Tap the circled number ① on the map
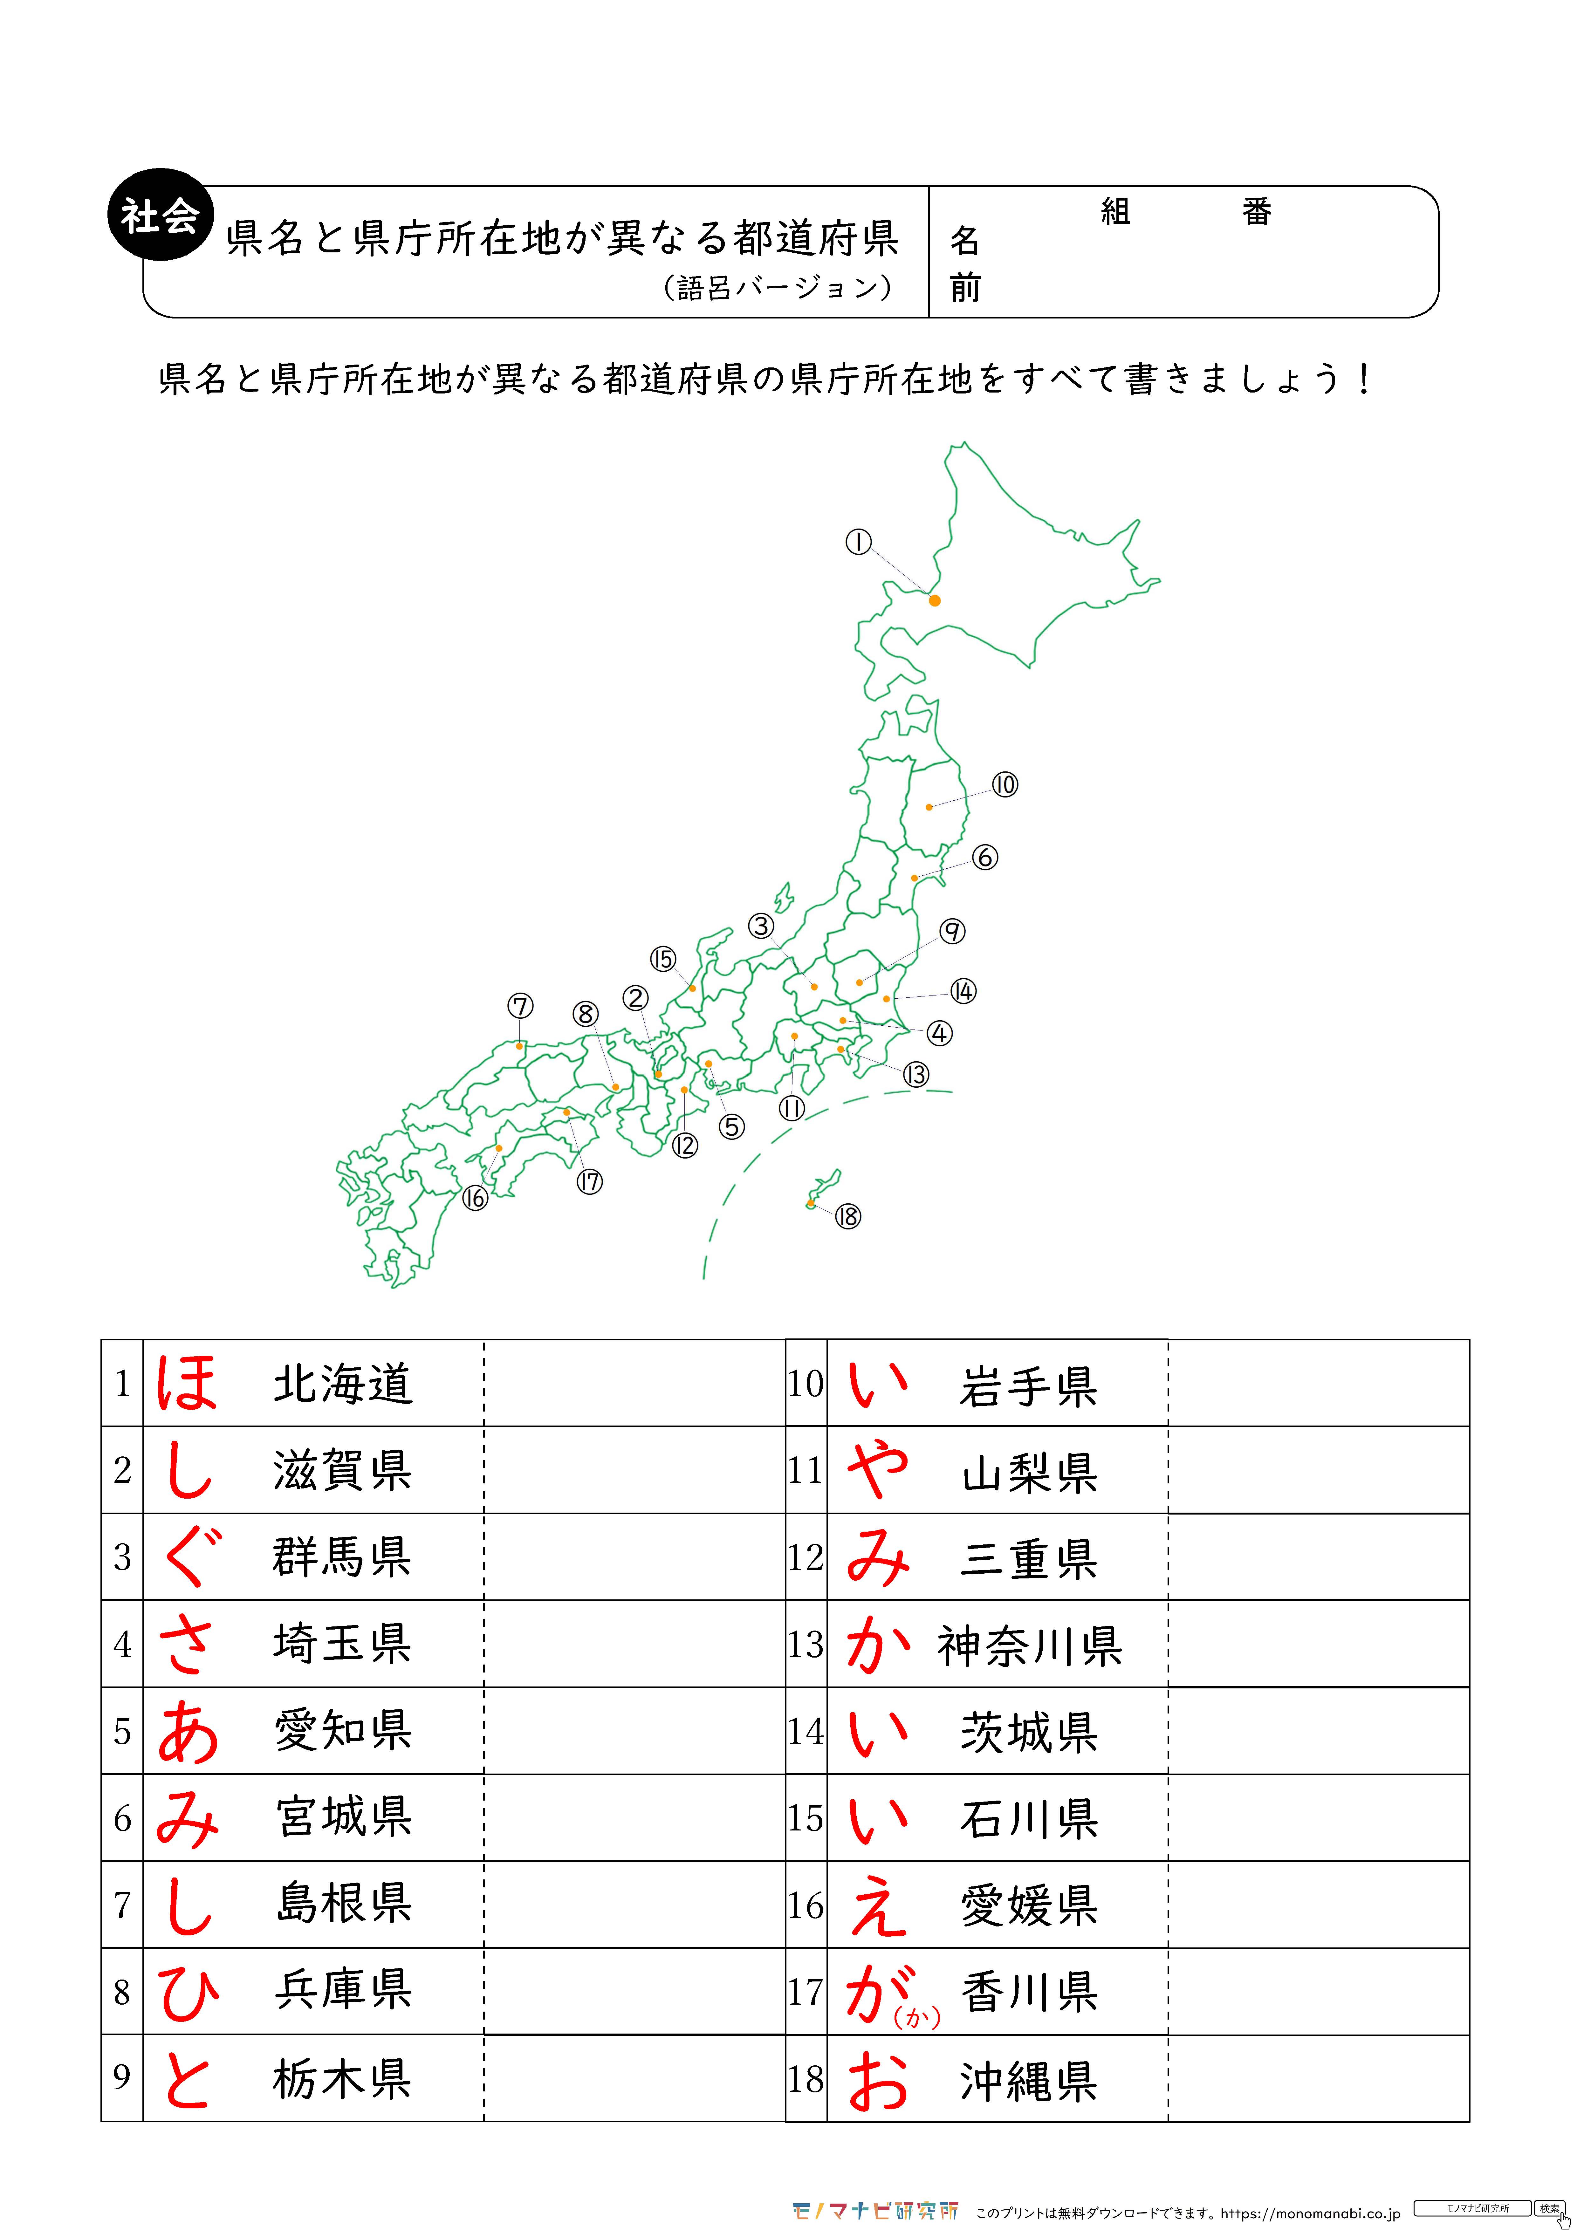[x=858, y=542]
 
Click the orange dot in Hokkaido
[x=935, y=600]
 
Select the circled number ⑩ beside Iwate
[x=1005, y=785]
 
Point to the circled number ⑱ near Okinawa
[x=848, y=1216]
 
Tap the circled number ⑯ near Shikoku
[x=474, y=1199]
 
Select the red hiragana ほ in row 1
[x=187, y=1383]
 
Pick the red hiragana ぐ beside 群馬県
[x=187, y=1557]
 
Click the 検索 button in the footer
[x=1550, y=2208]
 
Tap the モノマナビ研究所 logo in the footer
[x=874, y=2211]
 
